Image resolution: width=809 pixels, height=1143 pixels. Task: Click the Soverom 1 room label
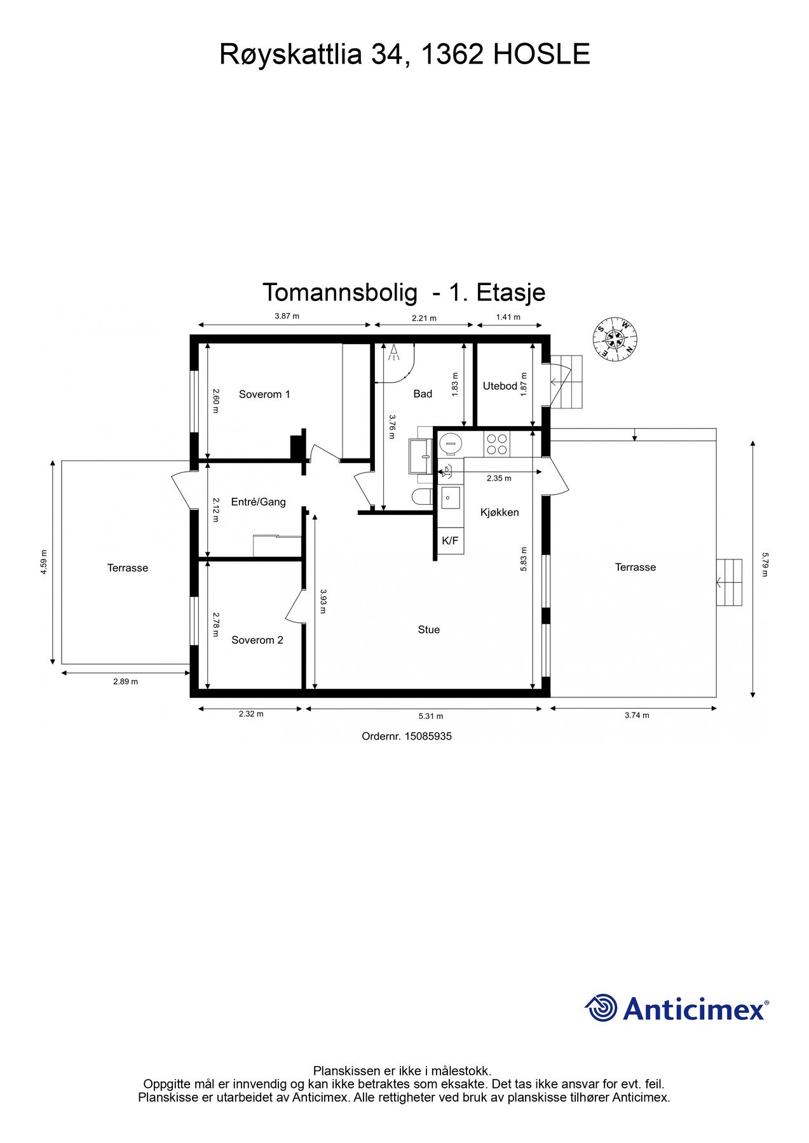pos(264,394)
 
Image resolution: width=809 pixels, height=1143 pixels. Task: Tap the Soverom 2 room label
pos(257,640)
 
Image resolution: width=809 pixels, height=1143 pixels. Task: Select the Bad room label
pos(423,394)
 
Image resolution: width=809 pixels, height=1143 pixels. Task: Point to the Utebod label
pos(500,386)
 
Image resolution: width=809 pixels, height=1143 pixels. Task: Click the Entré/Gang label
pos(258,502)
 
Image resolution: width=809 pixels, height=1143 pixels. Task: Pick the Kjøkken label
pos(500,512)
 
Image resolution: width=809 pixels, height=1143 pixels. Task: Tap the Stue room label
pos(429,630)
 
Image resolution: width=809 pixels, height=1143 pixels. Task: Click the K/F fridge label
pos(450,541)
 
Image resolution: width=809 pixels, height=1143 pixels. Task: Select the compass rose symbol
pos(615,340)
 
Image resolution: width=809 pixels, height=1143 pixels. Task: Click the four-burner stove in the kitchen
pos(496,444)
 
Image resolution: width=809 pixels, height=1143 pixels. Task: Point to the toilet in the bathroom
pos(423,497)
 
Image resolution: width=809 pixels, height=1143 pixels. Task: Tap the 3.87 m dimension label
pos(287,316)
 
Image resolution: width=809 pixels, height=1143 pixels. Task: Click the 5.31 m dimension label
pos(431,716)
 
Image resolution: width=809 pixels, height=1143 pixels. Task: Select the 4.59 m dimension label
pos(44,562)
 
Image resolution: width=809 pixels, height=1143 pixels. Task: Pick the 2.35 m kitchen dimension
pos(499,479)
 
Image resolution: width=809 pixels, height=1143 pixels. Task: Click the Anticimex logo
pos(676,1008)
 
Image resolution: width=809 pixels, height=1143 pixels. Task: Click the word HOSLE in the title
pos(541,55)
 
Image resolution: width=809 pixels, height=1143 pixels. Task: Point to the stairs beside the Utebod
pos(566,381)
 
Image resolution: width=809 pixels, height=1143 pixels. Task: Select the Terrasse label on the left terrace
pos(128,568)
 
